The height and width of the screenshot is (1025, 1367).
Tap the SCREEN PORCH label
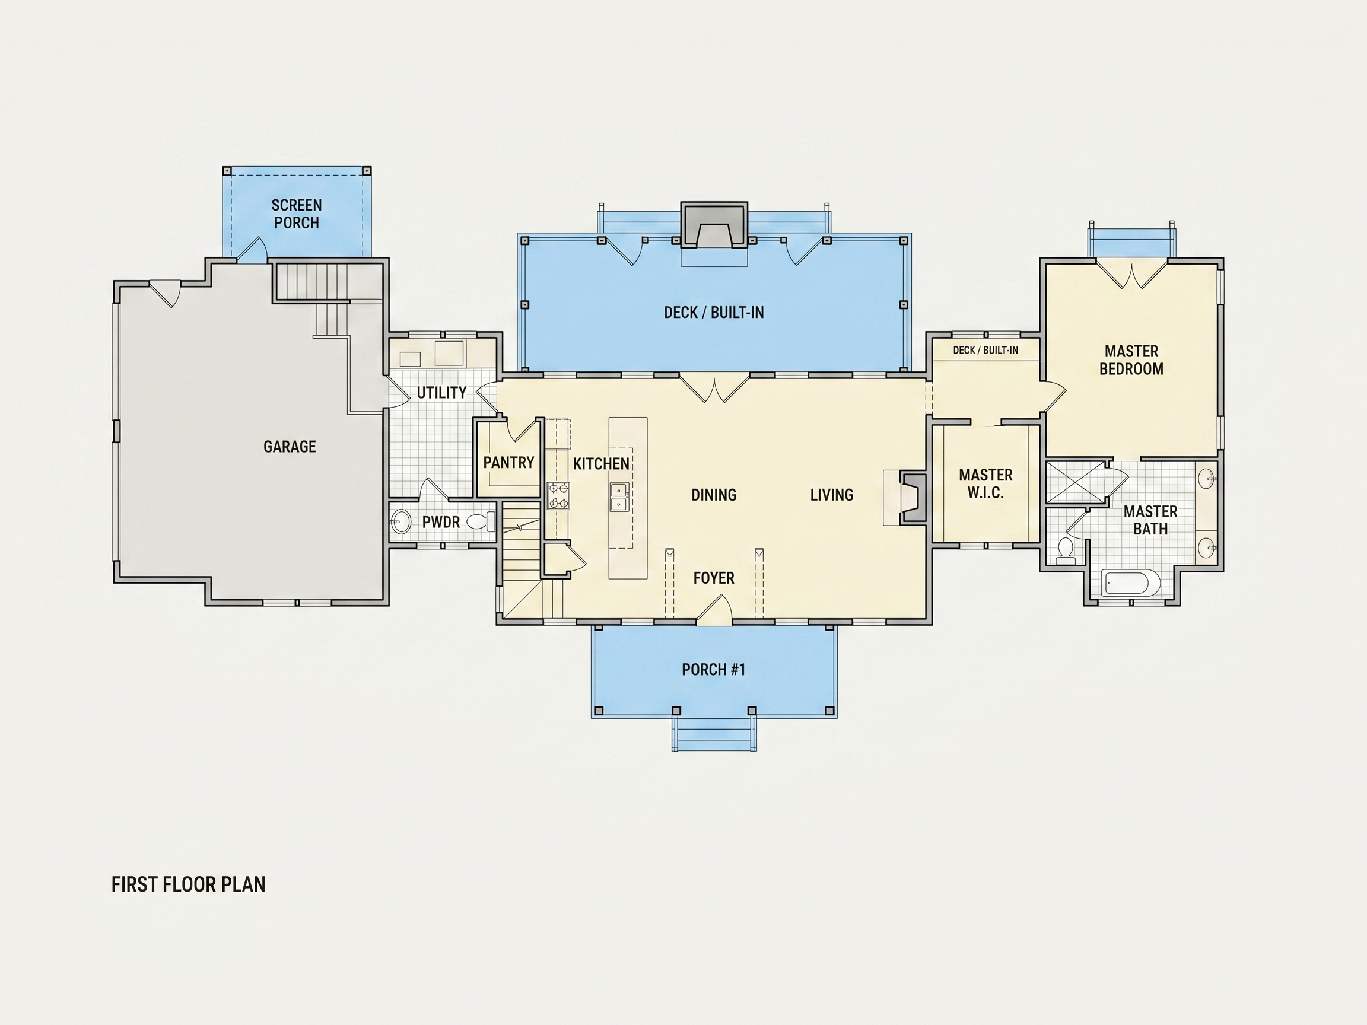point(297,214)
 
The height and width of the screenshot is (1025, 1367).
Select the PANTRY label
point(508,462)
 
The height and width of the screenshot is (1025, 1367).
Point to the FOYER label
point(714,578)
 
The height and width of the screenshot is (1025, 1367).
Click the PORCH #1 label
point(714,669)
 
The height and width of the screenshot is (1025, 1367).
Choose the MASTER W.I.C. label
point(985,484)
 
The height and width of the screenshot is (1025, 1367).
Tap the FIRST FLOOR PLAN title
point(189,884)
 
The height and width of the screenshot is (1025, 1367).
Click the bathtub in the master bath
point(1126,582)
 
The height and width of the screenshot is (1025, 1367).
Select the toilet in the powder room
point(481,521)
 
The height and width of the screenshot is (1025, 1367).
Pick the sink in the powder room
point(400,521)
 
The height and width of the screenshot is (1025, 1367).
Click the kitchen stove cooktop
point(558,496)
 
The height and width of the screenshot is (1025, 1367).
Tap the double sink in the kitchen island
point(619,497)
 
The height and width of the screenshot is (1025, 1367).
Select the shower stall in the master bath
point(1076,482)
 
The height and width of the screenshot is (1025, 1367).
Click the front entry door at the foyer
point(714,610)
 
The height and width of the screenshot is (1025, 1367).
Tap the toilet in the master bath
point(1066,551)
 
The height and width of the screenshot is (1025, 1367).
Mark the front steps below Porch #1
point(714,734)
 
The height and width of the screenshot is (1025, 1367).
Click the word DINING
point(714,494)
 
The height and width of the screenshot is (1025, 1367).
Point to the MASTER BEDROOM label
point(1131,360)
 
